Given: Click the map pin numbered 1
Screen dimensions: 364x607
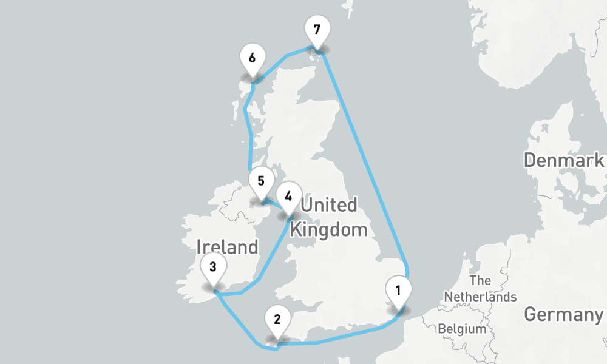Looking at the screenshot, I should (398, 291).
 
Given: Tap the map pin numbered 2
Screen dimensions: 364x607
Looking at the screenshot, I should (277, 320).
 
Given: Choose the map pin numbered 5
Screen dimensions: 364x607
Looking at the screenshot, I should (260, 181).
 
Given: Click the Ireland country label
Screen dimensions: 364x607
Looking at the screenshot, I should (227, 247).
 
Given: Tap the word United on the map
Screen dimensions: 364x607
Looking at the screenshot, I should (329, 205).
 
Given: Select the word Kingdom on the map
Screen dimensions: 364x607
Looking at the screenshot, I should (329, 230).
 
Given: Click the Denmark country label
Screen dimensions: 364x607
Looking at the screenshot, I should (564, 161).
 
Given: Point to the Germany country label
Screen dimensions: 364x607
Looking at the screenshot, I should (563, 315).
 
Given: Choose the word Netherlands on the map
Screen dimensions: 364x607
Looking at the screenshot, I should (480, 297).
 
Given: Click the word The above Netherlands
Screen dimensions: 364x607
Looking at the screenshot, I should (480, 281).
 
